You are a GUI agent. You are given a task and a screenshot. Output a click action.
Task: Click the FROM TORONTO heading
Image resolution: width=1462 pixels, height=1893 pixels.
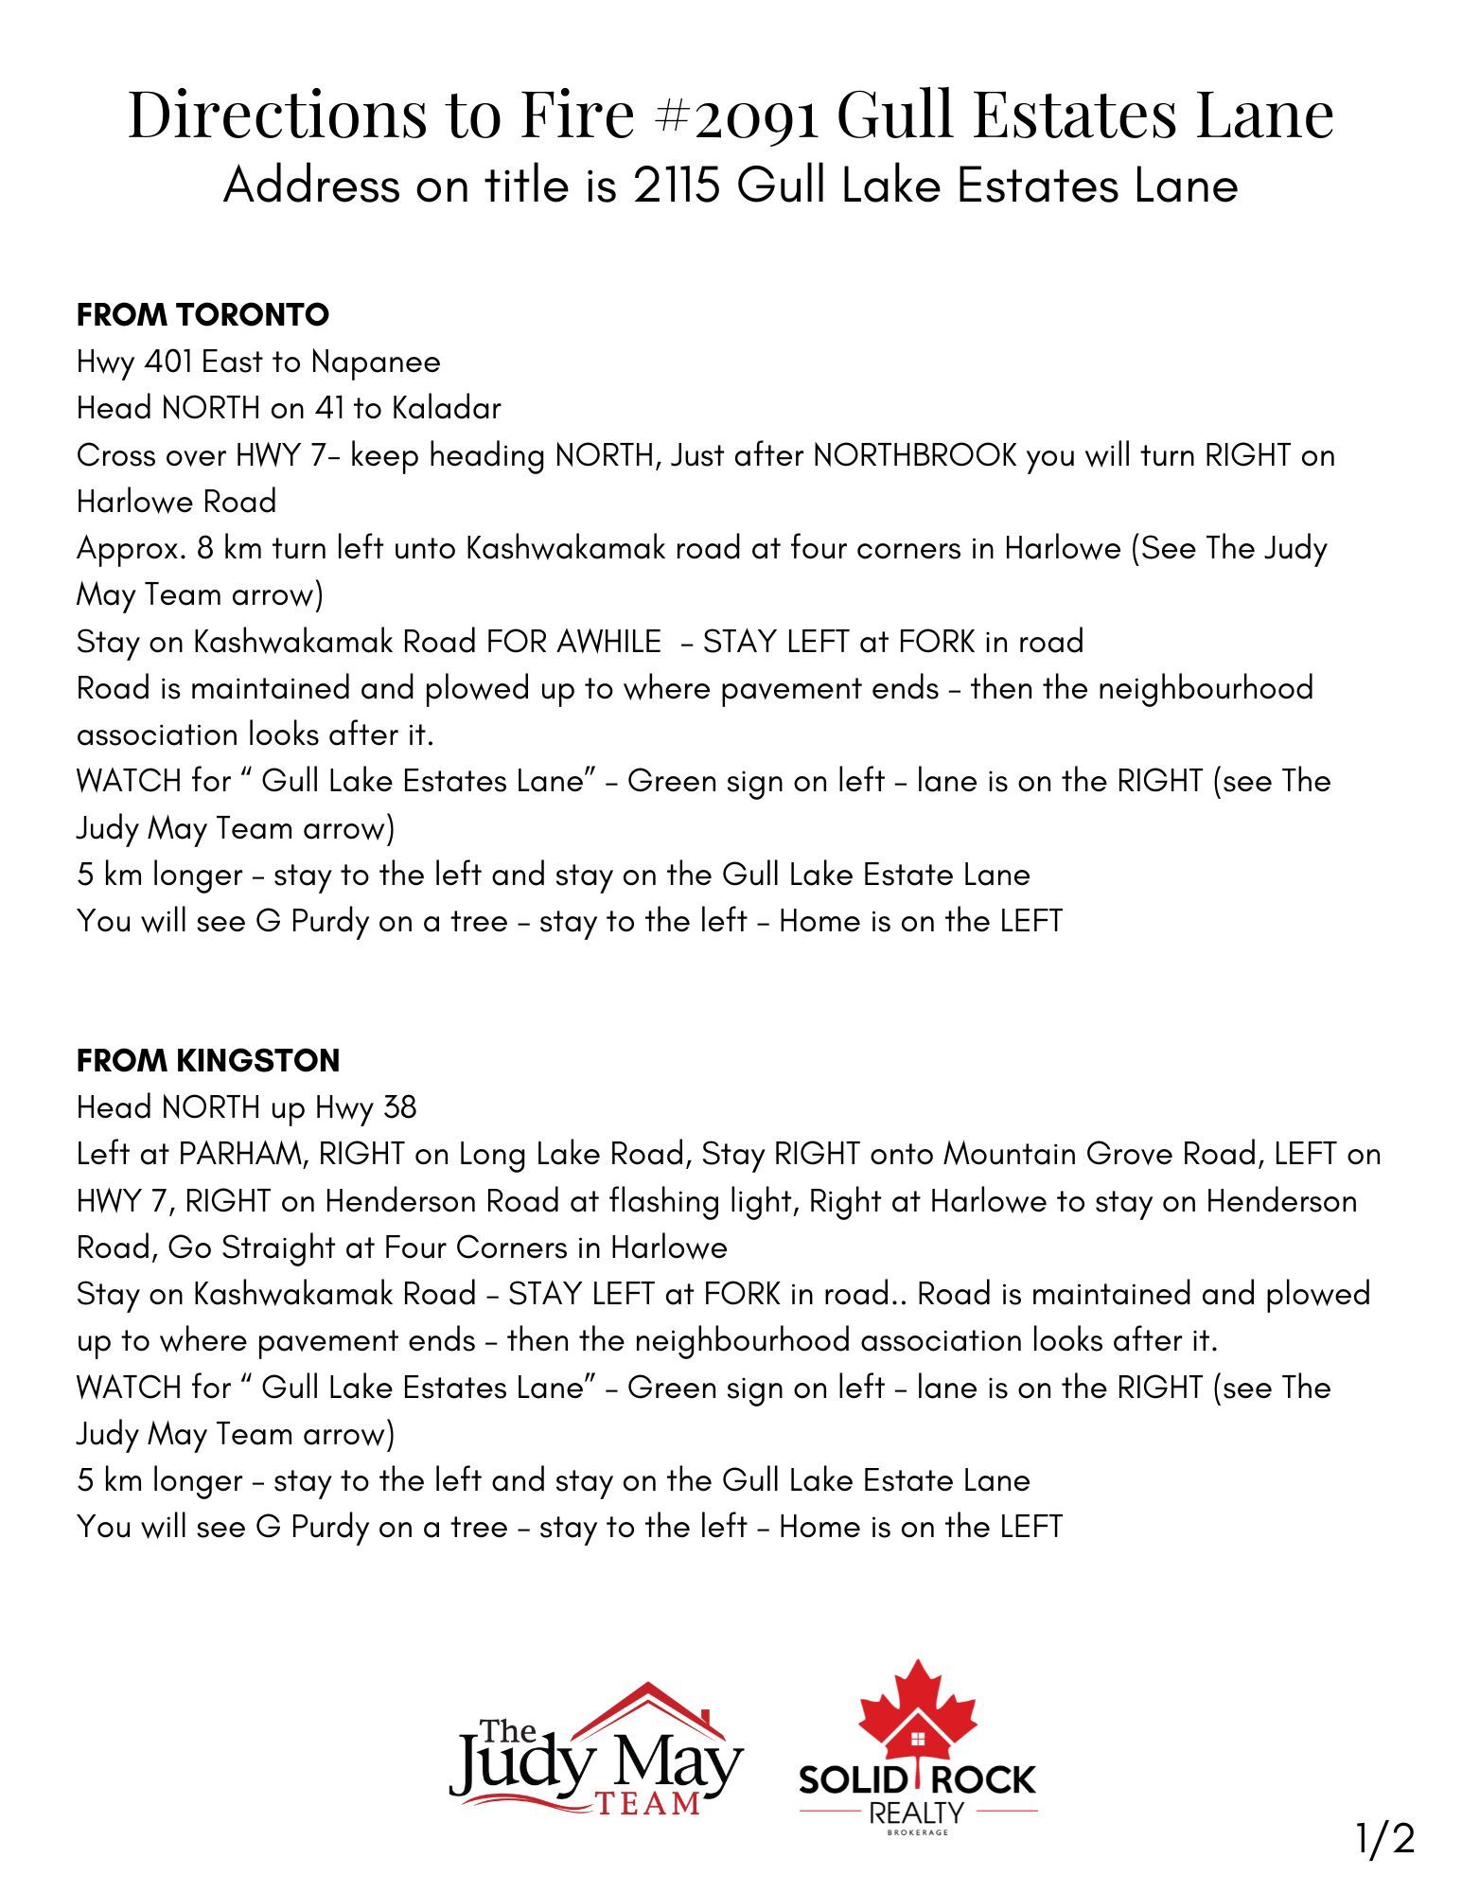tap(203, 314)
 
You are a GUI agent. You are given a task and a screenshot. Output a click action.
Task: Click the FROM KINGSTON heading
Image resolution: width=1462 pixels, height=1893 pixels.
tap(207, 1060)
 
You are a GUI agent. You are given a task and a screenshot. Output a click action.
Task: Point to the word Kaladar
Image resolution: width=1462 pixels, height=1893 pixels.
tap(446, 408)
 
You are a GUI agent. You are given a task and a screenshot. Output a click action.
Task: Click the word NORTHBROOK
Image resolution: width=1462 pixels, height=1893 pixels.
tap(914, 455)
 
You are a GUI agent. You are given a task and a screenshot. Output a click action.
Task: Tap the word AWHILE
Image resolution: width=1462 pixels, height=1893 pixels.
tap(608, 642)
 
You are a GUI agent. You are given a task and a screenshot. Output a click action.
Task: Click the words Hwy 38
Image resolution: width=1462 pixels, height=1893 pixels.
tap(365, 1107)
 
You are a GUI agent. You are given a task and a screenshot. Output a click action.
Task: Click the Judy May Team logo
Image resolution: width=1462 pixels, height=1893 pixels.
tap(595, 1754)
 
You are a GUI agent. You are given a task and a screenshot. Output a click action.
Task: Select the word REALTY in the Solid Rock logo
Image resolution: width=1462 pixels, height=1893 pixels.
tap(916, 1813)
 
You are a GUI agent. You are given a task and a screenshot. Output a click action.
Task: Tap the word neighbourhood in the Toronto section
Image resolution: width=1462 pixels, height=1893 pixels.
tap(1205, 688)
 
